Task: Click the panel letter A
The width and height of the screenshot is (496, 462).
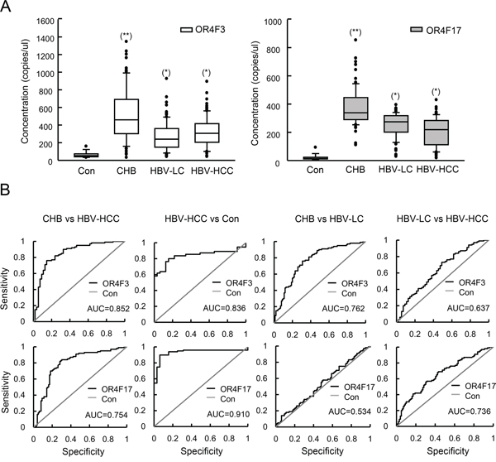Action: [8, 7]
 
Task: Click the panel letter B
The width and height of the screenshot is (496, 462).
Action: [8, 200]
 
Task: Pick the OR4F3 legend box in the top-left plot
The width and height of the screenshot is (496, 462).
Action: [187, 29]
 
